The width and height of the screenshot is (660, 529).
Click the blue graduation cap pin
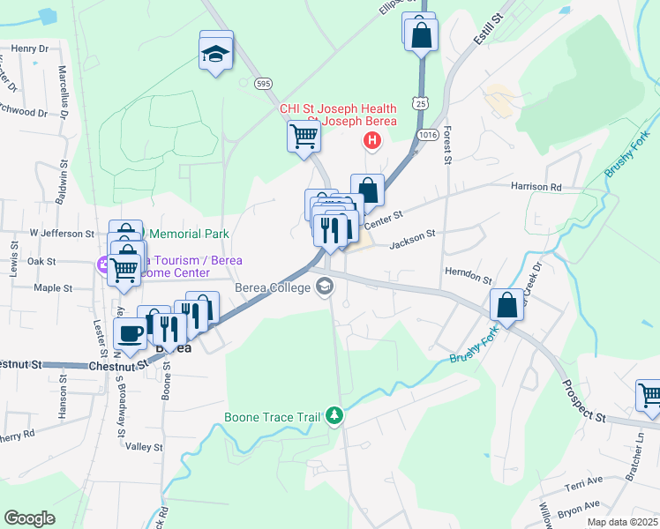tap(216, 52)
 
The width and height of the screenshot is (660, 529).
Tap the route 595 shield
tap(263, 83)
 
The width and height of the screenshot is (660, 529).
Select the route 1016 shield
tap(429, 134)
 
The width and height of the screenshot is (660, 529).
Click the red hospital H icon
tap(372, 140)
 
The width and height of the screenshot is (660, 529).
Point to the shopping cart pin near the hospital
tap(304, 137)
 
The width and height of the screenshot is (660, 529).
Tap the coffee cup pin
tap(131, 334)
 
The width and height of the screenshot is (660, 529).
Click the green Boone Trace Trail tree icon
tap(334, 414)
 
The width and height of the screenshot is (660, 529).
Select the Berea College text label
tap(272, 287)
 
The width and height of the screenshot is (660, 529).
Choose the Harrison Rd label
tap(536, 187)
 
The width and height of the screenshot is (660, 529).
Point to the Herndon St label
tap(468, 275)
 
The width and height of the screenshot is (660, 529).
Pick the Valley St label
tap(145, 447)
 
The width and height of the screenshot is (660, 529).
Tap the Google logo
tap(29, 518)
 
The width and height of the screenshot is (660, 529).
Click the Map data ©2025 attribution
tap(622, 522)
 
